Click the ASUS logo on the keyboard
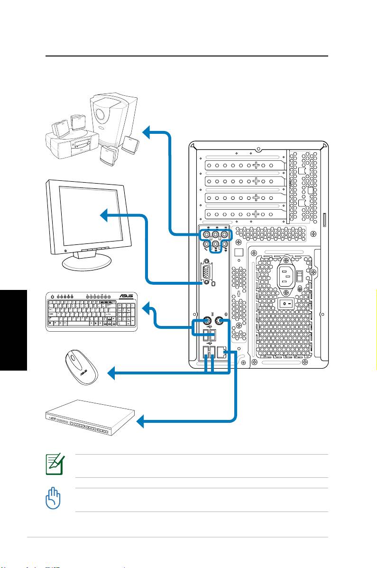(x=125, y=297)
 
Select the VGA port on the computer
(x=207, y=273)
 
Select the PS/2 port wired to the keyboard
(x=207, y=321)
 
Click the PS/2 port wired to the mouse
(x=218, y=321)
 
